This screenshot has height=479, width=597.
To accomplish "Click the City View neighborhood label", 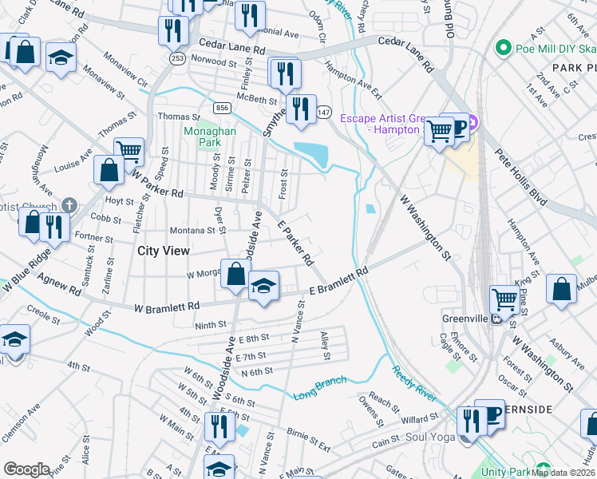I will click(164, 251).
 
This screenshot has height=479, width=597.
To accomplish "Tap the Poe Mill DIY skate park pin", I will click(503, 48).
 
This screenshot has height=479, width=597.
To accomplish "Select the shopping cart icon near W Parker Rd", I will click(128, 149).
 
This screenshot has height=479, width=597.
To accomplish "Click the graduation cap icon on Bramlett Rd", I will click(263, 285).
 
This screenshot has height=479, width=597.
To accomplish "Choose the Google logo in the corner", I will click(26, 469).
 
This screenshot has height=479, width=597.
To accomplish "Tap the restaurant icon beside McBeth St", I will click(300, 108).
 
